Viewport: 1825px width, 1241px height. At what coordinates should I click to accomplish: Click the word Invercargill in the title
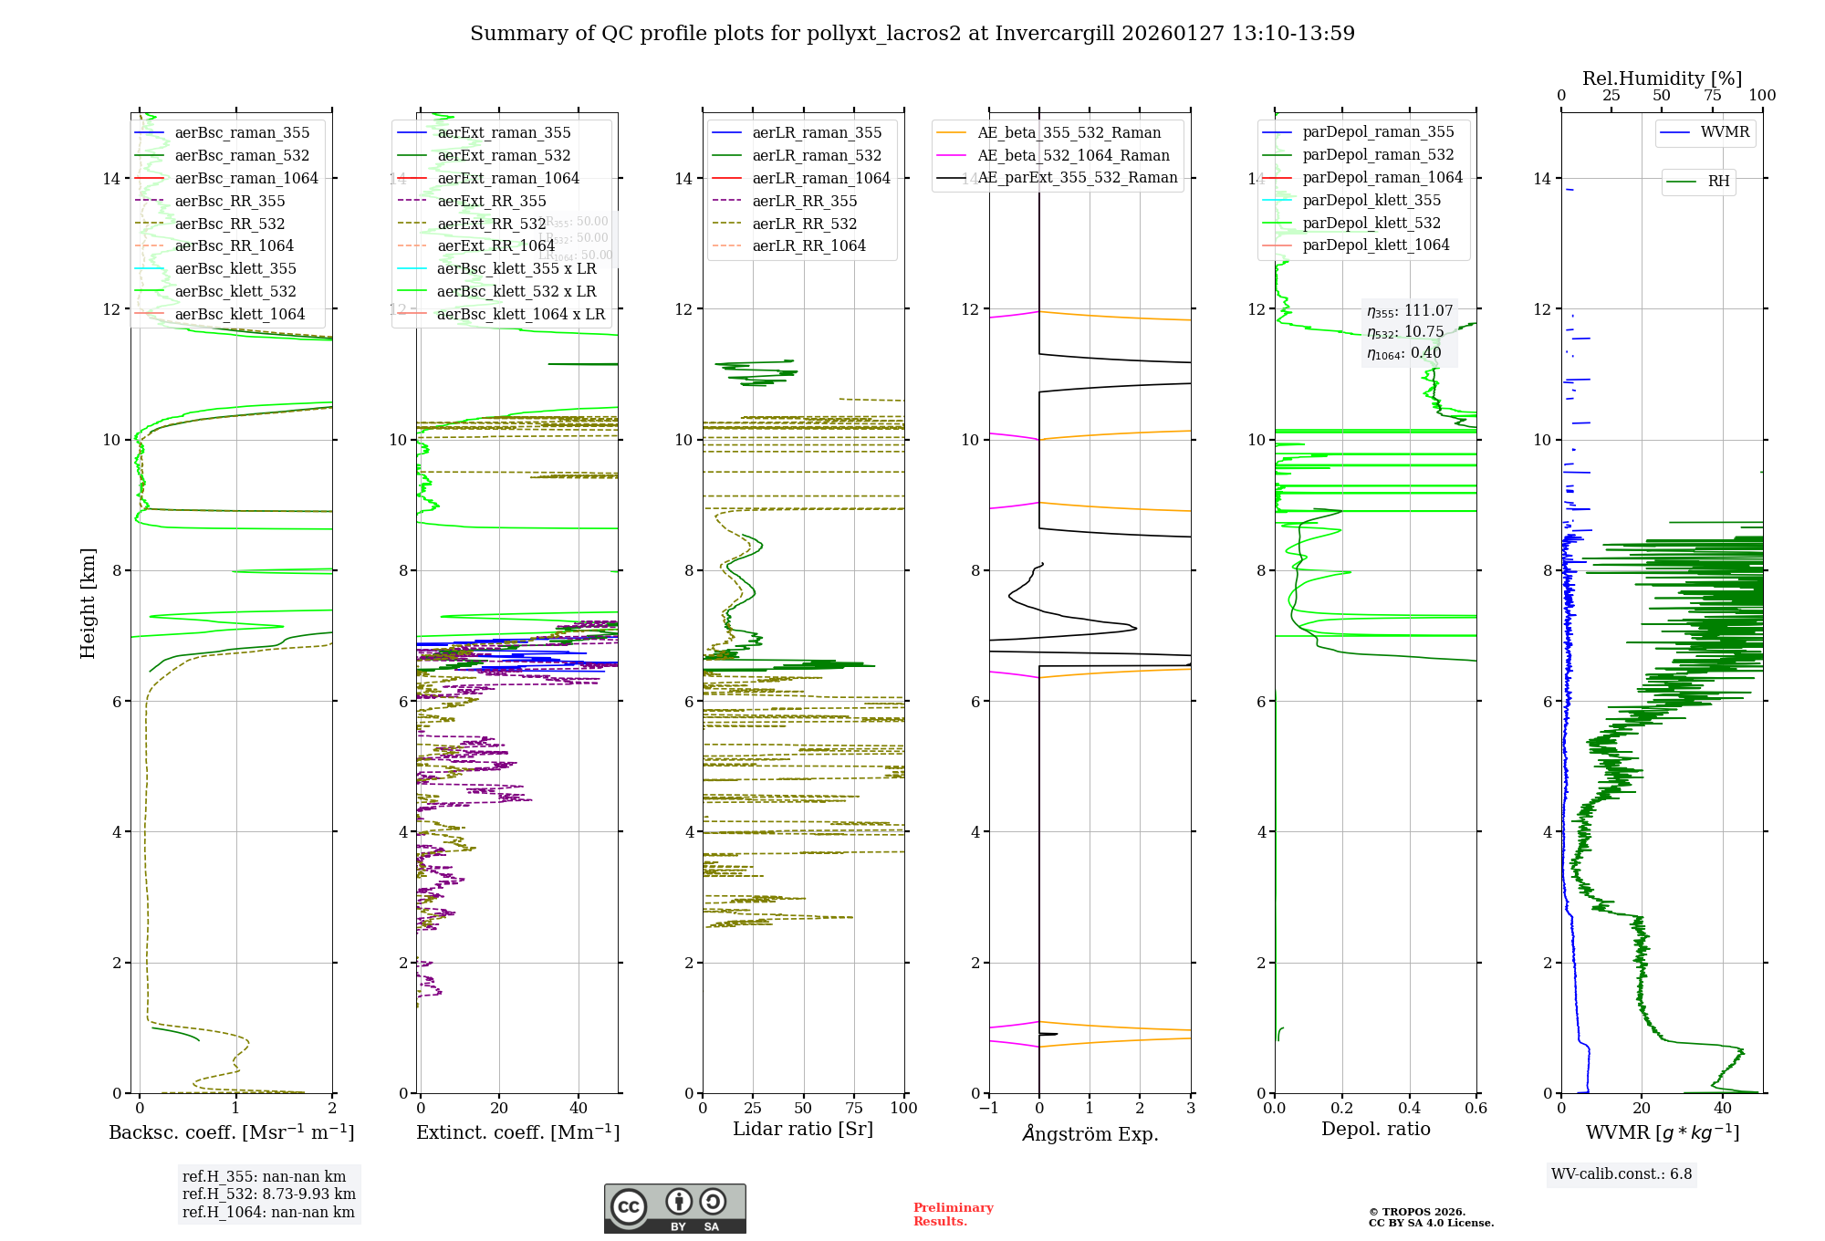point(1055,34)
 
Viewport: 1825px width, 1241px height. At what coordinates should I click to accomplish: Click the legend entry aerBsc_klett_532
point(235,291)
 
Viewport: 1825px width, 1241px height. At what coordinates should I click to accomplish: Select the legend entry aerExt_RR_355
point(491,201)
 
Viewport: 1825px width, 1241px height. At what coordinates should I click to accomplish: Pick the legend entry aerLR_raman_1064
point(820,178)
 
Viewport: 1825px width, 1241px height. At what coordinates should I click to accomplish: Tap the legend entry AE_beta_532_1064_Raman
point(1072,155)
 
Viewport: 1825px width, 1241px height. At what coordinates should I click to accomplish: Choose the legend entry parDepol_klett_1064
point(1375,245)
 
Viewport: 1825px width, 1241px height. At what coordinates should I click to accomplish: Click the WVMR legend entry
point(1724,132)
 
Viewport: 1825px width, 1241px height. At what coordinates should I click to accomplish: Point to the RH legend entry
point(1717,182)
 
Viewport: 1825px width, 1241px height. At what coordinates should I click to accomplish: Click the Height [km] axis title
point(88,602)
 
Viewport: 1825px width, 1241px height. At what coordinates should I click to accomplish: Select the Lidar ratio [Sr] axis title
point(803,1129)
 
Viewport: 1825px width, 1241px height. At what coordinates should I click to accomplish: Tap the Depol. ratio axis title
point(1375,1129)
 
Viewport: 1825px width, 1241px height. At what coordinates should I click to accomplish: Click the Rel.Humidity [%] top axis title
point(1662,78)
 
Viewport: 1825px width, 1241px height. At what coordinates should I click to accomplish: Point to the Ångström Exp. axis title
point(1090,1133)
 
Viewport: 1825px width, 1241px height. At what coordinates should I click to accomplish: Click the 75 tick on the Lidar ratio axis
point(854,1108)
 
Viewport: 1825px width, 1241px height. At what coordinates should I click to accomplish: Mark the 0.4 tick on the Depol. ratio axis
point(1409,1108)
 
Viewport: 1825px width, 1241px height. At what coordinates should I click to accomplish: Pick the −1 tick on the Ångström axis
point(988,1108)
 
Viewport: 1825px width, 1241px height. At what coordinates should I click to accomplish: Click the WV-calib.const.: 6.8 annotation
point(1621,1173)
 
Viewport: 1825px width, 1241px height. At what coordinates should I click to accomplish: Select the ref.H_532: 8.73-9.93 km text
point(268,1194)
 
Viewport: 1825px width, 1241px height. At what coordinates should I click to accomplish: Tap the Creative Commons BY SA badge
point(674,1208)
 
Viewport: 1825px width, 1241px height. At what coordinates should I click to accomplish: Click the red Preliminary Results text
point(953,1214)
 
